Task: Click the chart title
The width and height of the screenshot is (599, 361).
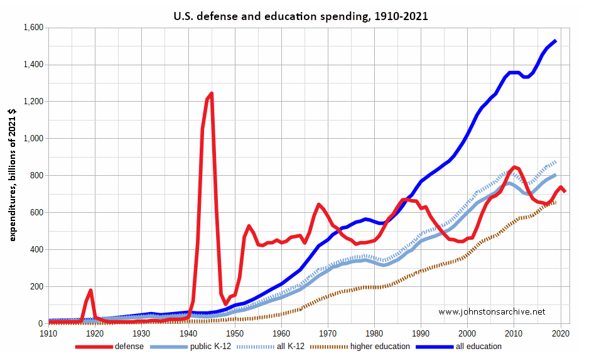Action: [x=300, y=16]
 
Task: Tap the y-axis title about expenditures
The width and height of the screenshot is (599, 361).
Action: [x=13, y=175]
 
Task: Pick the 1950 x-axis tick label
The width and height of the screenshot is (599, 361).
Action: [x=235, y=333]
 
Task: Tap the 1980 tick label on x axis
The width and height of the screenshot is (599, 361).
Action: [x=374, y=333]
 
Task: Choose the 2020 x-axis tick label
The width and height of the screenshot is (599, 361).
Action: [x=561, y=333]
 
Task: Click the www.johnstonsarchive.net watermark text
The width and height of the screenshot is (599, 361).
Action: [x=492, y=311]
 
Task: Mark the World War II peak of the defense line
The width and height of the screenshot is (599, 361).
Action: [x=212, y=94]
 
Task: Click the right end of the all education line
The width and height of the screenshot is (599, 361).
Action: [x=556, y=41]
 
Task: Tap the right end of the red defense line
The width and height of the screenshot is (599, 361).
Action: [x=565, y=191]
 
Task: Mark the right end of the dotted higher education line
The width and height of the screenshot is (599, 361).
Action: [x=556, y=202]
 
